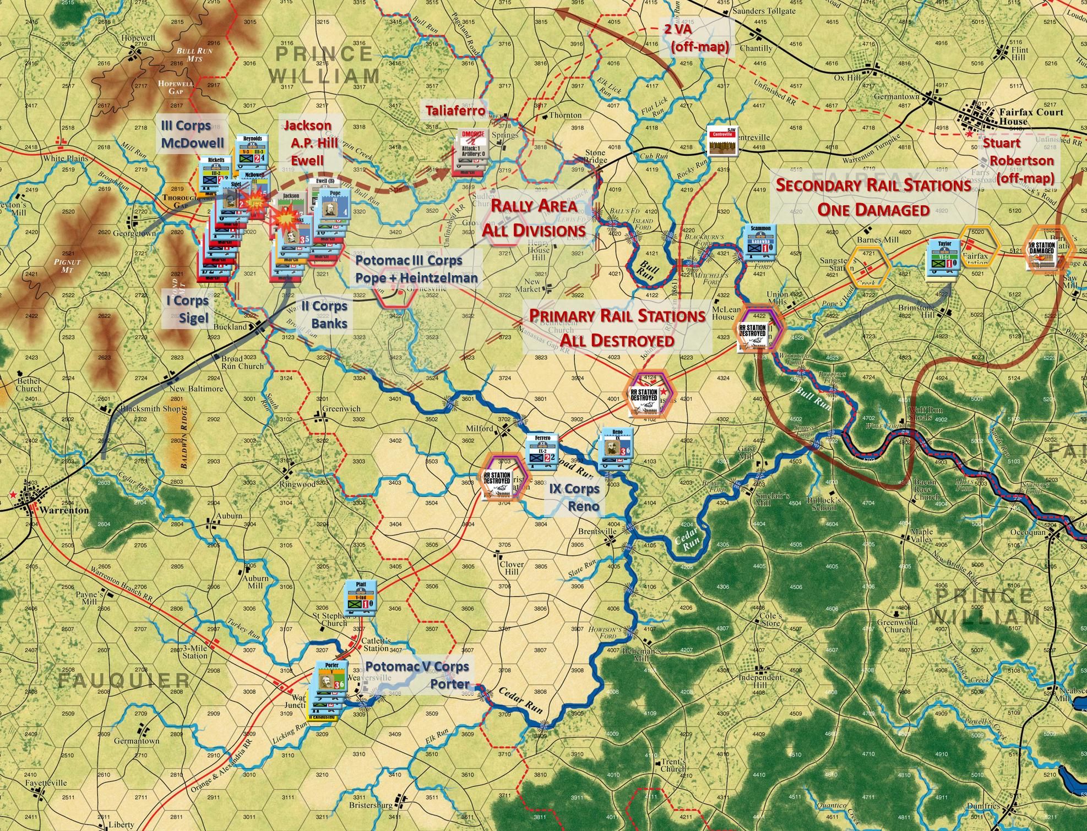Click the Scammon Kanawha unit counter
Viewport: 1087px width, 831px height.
coord(760,242)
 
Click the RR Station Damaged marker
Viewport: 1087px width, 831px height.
coord(1041,254)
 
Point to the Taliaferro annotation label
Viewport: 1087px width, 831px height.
coord(455,111)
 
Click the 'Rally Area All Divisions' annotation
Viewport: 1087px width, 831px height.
coord(534,217)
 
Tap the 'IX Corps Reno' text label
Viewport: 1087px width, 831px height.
coord(574,497)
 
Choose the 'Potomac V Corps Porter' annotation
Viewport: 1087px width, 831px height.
coord(417,675)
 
